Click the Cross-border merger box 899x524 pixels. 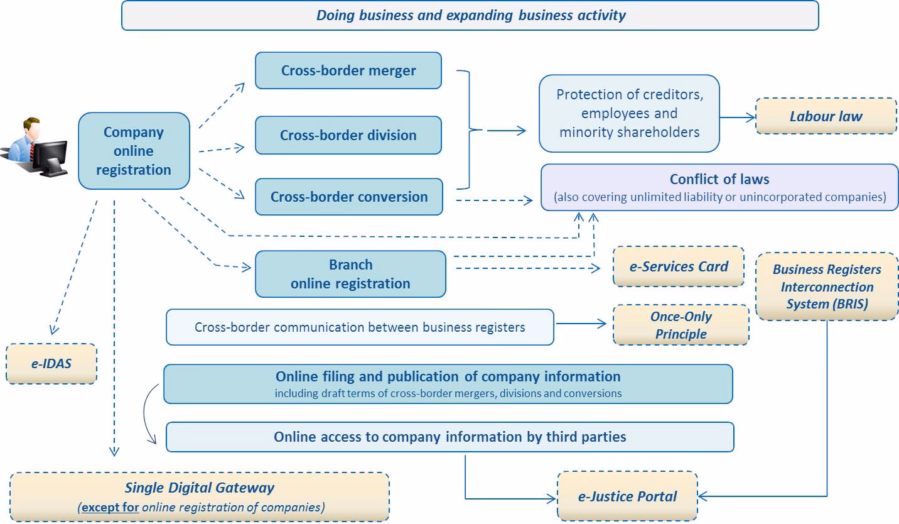tap(348, 70)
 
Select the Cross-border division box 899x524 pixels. tap(348, 135)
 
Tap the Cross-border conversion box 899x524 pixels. tap(348, 197)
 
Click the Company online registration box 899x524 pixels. tap(134, 151)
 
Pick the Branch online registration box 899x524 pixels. tap(350, 274)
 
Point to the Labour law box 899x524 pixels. tap(826, 116)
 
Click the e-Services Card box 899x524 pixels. tap(679, 266)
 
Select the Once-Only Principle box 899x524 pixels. tap(681, 325)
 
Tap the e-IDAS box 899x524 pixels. tap(51, 363)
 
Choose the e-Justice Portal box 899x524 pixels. tap(627, 496)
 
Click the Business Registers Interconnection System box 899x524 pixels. tap(827, 287)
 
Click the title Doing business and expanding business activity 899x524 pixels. tap(470, 15)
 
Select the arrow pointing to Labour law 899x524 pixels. tap(738, 117)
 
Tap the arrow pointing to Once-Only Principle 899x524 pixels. tap(581, 324)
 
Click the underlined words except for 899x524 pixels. tap(110, 507)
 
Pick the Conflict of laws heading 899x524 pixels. tap(719, 179)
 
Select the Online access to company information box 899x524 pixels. tap(449, 437)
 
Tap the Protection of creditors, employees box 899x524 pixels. tap(629, 113)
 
